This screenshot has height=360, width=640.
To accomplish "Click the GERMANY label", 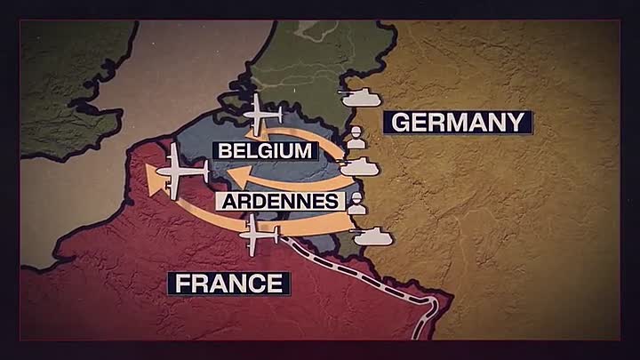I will point(458,123).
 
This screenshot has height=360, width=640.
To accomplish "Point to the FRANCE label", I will point(229,284).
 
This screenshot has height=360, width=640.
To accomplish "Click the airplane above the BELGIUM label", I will point(260,114).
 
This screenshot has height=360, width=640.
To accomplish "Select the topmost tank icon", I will point(362,96).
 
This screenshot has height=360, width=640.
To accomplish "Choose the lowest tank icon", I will point(373,235).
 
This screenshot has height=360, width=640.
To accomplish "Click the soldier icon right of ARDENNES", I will point(357,204).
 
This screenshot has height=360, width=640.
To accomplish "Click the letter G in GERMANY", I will point(399,123).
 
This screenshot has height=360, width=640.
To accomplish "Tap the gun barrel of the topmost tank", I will point(347,92).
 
